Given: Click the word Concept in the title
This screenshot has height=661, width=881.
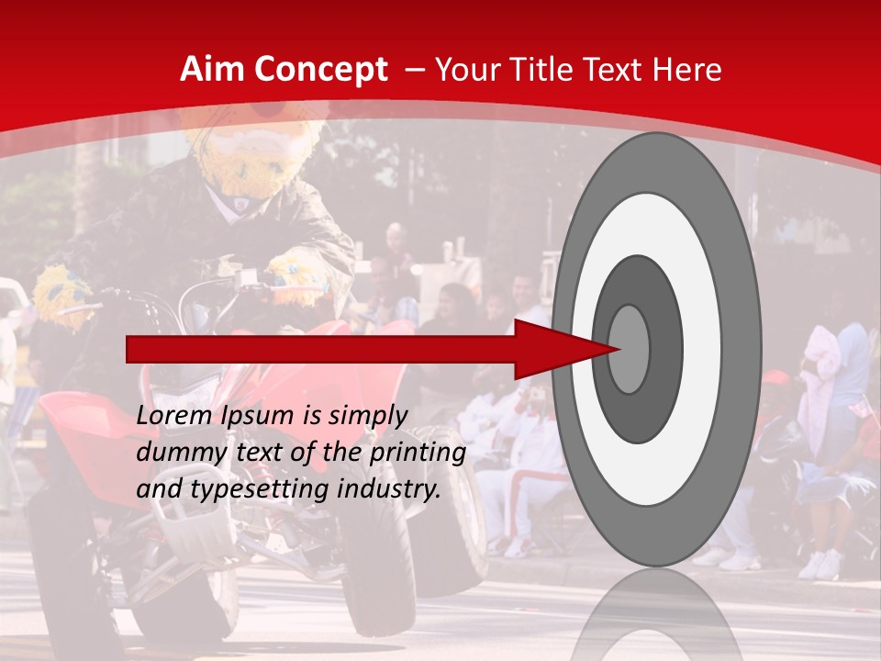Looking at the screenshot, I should (x=319, y=70).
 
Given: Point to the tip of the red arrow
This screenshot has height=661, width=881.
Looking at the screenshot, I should (x=620, y=349).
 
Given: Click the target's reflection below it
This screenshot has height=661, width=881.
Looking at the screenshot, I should (x=656, y=615).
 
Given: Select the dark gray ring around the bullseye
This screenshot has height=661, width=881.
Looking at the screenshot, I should (x=663, y=349).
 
